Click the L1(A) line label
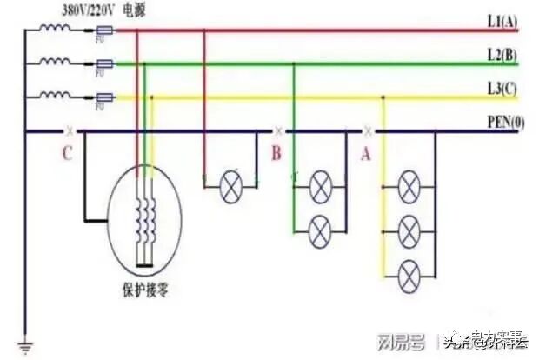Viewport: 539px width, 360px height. point(502,21)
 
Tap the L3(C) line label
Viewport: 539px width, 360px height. point(502,89)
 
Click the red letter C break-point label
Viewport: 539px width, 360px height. point(67,154)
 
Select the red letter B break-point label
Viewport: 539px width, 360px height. point(276,154)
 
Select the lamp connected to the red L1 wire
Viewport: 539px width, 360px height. point(230,186)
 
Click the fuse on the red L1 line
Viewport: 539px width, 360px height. point(103,31)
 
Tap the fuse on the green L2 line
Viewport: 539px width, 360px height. point(103,63)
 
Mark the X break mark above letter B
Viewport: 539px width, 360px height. point(278,131)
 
